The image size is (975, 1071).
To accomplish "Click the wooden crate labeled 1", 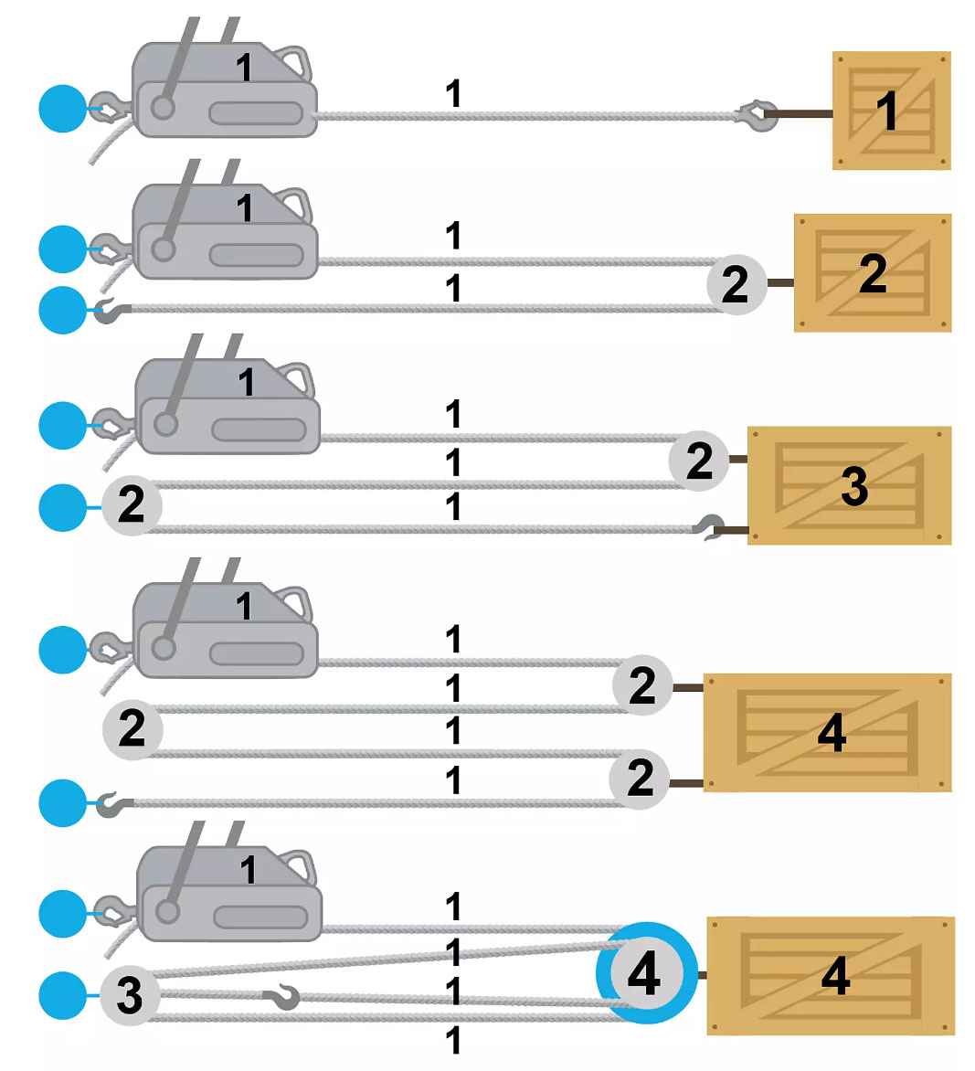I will tap(891, 111).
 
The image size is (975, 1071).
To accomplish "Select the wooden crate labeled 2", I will tap(873, 273).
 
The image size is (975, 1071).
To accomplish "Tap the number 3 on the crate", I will tap(854, 486).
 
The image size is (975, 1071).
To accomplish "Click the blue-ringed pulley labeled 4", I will tap(646, 972).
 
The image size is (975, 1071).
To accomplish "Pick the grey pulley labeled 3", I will tap(130, 995).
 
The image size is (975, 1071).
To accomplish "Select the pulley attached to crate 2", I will tap(736, 284).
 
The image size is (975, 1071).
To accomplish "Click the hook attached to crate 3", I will tap(709, 527).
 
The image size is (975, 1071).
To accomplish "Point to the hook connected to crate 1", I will tap(756, 115).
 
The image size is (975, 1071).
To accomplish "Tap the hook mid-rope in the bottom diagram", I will tap(283, 998).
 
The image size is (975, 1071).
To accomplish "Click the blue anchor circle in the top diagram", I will tap(63, 109).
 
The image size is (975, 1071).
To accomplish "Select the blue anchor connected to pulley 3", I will tap(63, 995).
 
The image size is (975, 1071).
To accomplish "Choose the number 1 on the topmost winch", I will tap(244, 68).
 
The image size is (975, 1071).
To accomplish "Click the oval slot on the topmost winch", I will tap(256, 114).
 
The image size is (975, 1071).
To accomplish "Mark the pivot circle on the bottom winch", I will tap(167, 911).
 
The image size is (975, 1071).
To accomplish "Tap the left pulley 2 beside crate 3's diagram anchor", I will tap(132, 504).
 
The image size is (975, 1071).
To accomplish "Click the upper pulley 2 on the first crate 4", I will tap(642, 685).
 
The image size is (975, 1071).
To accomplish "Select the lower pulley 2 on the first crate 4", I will tap(640, 779).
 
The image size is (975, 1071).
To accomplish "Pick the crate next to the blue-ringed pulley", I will tap(831, 975).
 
